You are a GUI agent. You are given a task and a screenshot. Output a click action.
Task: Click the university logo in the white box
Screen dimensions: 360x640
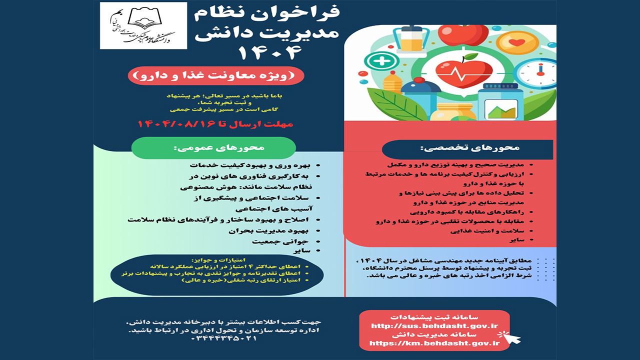click(143, 25)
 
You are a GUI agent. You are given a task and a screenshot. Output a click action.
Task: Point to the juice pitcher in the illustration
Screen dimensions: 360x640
click(411, 40)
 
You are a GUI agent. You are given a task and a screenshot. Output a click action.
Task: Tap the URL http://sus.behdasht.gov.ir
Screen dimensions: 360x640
click(434, 326)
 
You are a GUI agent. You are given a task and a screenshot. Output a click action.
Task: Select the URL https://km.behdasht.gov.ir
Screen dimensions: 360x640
click(434, 343)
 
